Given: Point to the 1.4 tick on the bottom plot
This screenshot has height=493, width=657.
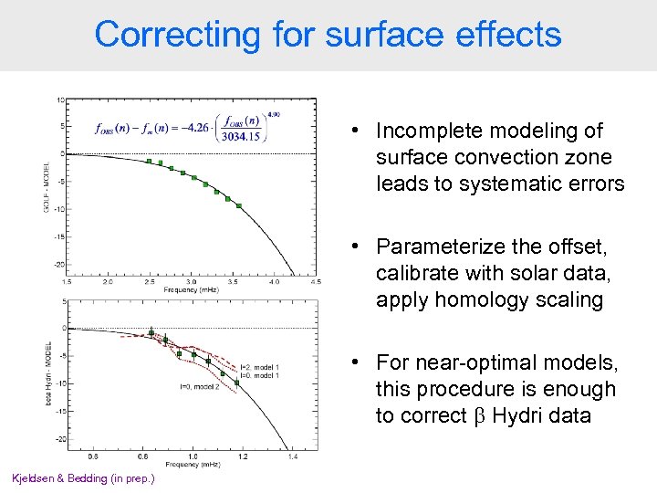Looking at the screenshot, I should pyautogui.click(x=292, y=456).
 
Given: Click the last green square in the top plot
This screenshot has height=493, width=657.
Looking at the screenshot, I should pyautogui.click(x=239, y=206).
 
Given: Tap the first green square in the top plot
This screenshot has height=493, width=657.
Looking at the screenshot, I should pyautogui.click(x=149, y=162).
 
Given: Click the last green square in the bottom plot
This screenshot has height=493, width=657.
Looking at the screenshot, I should pyautogui.click(x=236, y=383).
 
